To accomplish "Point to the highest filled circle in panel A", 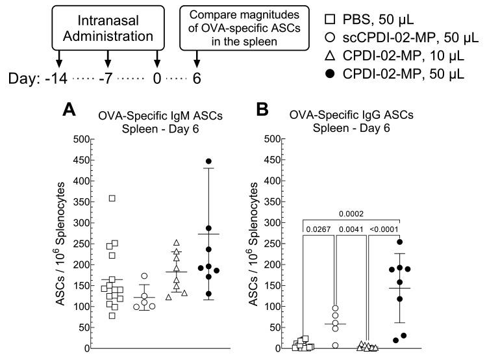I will pyautogui.click(x=209, y=161).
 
